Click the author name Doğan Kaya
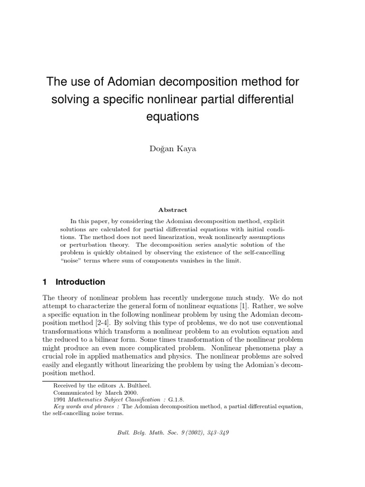[173, 149]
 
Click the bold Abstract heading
[173, 210]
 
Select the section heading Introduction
[80, 282]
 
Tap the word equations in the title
[173, 117]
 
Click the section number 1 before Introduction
[45, 282]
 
